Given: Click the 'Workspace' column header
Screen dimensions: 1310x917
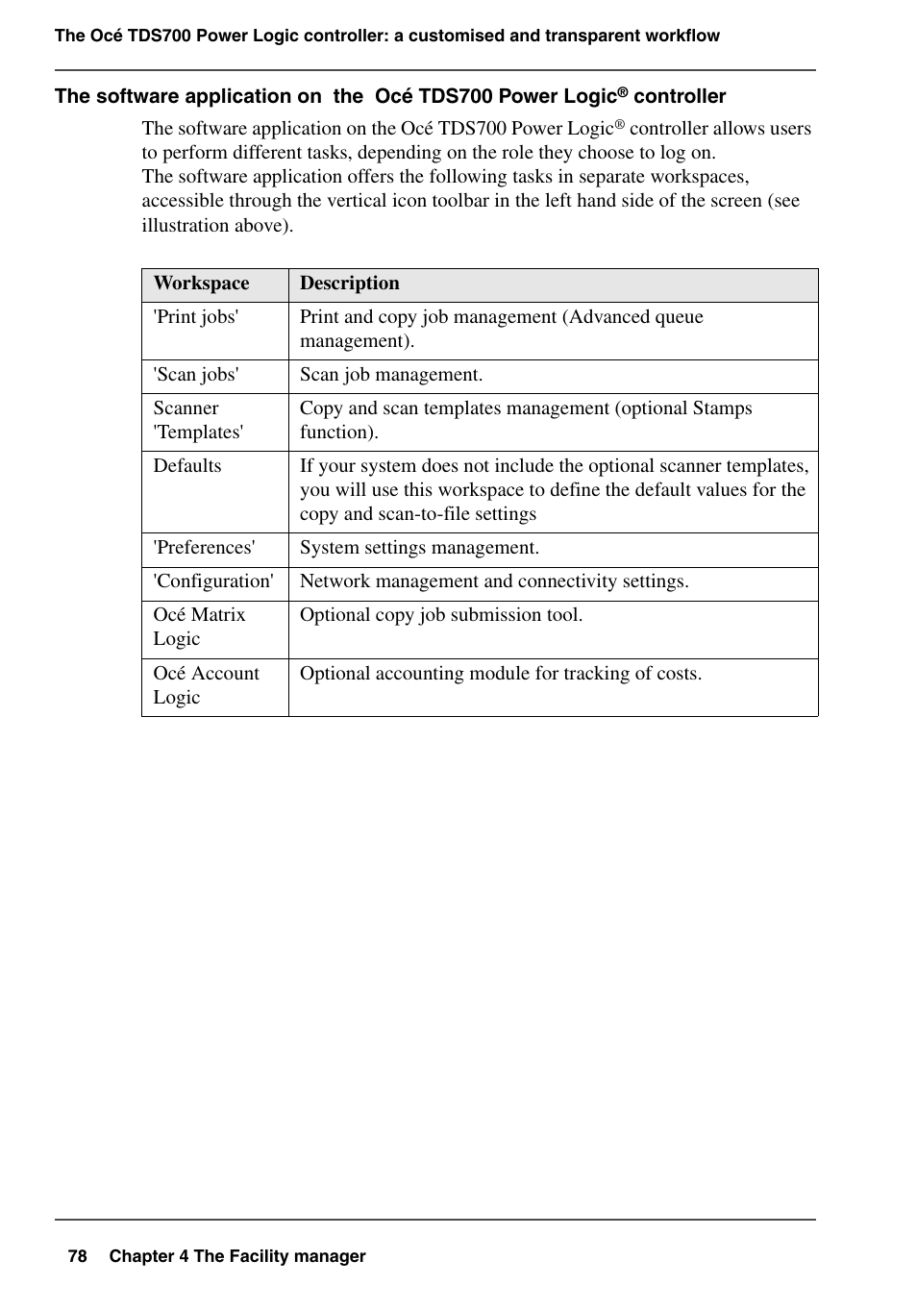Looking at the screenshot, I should pyautogui.click(x=201, y=284).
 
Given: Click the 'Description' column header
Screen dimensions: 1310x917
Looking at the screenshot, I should pyautogui.click(x=349, y=284).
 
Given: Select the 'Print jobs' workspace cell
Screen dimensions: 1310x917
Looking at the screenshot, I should pyautogui.click(x=196, y=317).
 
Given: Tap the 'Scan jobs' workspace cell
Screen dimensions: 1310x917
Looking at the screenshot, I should pyautogui.click(x=196, y=375).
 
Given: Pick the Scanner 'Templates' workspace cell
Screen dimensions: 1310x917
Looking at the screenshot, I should pyautogui.click(x=198, y=420).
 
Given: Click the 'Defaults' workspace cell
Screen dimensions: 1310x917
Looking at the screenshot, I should pyautogui.click(x=187, y=466).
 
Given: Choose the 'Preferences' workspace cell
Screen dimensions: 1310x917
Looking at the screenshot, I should pyautogui.click(x=205, y=548).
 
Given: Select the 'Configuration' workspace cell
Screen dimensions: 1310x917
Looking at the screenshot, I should pyautogui.click(x=213, y=581).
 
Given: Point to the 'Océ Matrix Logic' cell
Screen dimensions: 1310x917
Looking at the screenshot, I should pyautogui.click(x=199, y=627).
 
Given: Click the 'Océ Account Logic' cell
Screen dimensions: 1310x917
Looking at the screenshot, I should pyautogui.click(x=206, y=685).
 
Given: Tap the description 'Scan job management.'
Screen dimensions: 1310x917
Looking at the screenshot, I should pyautogui.click(x=391, y=375).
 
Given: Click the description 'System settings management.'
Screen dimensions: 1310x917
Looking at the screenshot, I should pyautogui.click(x=419, y=548).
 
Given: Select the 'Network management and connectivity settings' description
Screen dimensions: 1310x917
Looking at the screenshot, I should pyautogui.click(x=494, y=581).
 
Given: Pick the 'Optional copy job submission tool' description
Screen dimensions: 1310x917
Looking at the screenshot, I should pyautogui.click(x=441, y=615).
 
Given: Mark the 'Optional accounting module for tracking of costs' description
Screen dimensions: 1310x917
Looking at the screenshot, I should pyautogui.click(x=501, y=674).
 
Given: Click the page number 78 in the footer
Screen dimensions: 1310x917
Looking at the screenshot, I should pyautogui.click(x=78, y=1256).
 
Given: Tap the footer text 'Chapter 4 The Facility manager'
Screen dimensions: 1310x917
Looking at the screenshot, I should pyautogui.click(x=237, y=1256).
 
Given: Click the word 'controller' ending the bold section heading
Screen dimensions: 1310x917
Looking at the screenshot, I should pyautogui.click(x=680, y=96).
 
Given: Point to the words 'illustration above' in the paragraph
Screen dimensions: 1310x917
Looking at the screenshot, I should pyautogui.click(x=215, y=226).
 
